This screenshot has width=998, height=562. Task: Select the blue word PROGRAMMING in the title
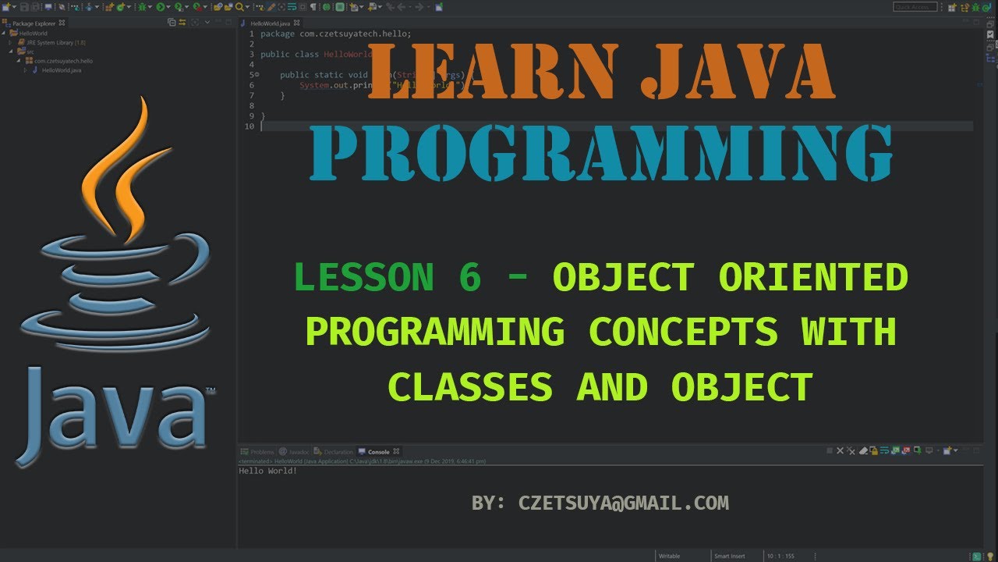tap(600, 153)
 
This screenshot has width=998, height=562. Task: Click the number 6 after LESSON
tap(469, 278)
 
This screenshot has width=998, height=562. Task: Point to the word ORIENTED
tap(813, 278)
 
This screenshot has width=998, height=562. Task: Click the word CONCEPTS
tap(683, 333)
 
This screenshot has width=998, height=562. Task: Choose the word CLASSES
tap(470, 387)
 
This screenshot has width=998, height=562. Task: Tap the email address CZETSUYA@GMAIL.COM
tap(623, 503)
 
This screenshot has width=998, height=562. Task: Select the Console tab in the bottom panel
tap(378, 452)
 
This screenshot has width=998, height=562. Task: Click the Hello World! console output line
tap(268, 471)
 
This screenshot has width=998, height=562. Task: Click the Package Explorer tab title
tap(34, 23)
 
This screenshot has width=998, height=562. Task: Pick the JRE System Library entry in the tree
tap(55, 42)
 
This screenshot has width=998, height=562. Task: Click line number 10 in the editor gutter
tap(249, 126)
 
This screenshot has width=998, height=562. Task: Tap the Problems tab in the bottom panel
tap(262, 452)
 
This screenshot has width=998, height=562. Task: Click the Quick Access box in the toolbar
tap(915, 7)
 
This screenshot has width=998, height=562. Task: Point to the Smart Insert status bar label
tap(729, 556)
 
